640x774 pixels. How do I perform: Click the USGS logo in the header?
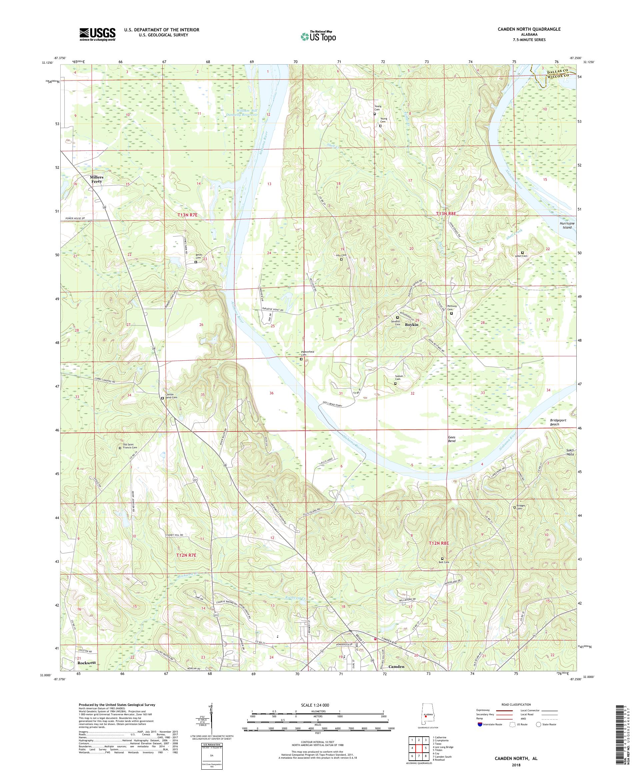coord(97,34)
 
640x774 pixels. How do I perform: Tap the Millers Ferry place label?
coord(96,179)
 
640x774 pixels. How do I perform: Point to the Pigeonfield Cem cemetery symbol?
coord(301,359)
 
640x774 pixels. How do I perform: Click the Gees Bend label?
coord(451,439)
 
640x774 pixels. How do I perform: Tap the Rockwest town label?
coord(87,662)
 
